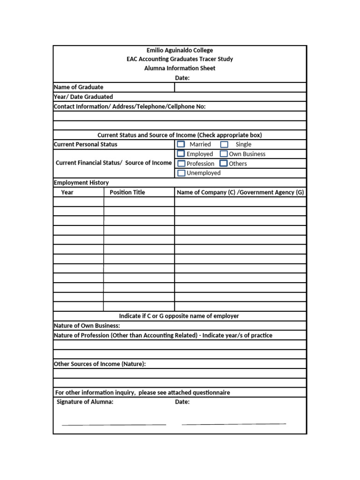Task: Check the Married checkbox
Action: (180, 144)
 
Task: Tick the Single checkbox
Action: (224, 144)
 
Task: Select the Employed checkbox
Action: (180, 154)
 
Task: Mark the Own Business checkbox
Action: (224, 154)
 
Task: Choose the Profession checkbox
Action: (181, 164)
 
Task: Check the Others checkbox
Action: (224, 164)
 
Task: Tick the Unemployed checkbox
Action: (181, 173)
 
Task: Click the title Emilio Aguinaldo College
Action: (180, 50)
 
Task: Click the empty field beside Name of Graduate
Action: (240, 87)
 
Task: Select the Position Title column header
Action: (127, 192)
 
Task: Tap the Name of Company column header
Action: (240, 192)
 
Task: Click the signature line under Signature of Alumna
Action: (114, 424)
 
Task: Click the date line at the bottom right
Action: (233, 423)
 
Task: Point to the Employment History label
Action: (82, 183)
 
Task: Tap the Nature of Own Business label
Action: (87, 326)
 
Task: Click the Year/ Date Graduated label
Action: (83, 97)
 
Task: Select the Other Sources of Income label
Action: (100, 364)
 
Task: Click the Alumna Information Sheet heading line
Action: (180, 68)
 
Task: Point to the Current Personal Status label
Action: (86, 144)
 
